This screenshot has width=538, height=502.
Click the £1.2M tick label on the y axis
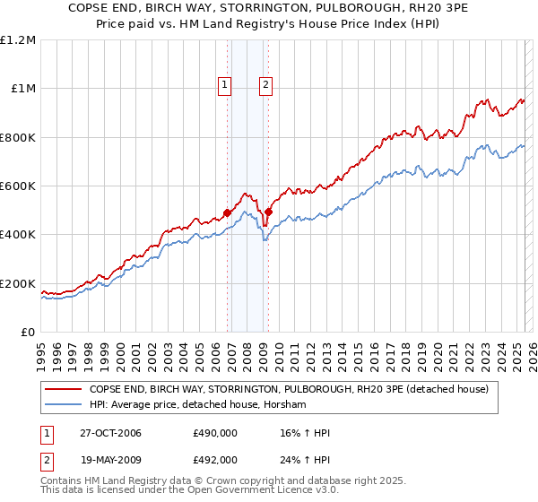[x=18, y=40]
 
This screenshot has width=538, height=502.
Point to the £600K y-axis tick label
[x=18, y=186]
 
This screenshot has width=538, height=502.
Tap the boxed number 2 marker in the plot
[x=266, y=86]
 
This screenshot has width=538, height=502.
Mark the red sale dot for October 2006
[x=228, y=212]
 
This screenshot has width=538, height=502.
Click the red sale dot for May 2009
[x=268, y=212]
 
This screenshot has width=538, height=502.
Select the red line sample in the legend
[x=63, y=390]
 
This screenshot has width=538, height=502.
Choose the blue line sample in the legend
[x=63, y=405]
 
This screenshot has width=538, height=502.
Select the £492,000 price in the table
[x=215, y=459]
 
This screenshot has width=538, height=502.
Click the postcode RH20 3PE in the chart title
[x=415, y=10]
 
